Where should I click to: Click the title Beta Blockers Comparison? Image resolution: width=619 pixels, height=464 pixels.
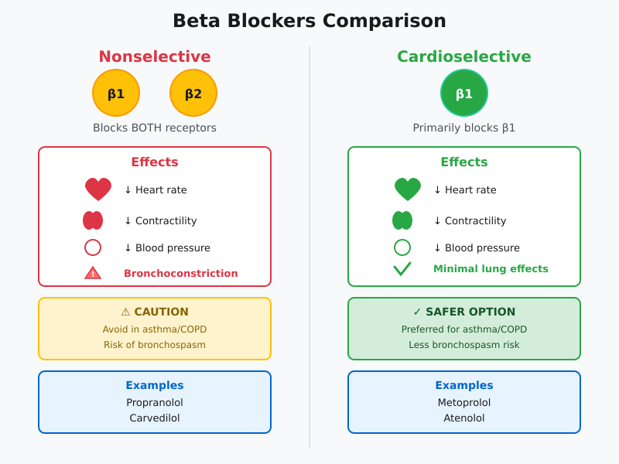click(309, 21)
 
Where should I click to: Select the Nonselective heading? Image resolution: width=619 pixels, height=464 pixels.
click(155, 56)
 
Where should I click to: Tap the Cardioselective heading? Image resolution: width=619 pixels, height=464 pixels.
click(464, 56)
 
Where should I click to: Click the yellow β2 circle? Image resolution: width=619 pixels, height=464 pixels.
click(193, 93)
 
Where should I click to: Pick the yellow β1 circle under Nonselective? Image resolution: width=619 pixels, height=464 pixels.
click(116, 93)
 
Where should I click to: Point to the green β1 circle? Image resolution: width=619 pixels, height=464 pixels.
click(464, 93)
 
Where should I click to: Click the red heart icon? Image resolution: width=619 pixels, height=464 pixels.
click(98, 189)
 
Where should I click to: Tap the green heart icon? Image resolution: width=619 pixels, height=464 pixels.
click(408, 189)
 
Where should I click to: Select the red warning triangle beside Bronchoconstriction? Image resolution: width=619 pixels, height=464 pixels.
click(93, 273)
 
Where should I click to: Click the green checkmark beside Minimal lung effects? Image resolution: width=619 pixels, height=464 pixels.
click(402, 268)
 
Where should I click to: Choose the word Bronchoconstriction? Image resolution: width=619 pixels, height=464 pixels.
click(181, 273)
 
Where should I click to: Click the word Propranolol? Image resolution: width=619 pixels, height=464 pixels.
click(155, 402)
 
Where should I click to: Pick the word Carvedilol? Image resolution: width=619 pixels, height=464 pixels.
click(155, 418)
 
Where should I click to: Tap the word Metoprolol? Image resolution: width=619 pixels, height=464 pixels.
click(464, 402)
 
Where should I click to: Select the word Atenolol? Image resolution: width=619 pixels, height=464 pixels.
click(464, 418)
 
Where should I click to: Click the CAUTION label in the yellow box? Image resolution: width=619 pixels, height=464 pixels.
click(161, 312)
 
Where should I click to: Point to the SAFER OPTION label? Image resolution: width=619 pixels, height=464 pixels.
click(470, 312)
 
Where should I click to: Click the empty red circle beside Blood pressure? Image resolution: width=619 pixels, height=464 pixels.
click(93, 247)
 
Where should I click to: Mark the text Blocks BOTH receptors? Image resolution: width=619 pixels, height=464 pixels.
click(155, 128)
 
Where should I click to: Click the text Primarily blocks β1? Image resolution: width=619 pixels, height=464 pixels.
click(464, 128)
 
